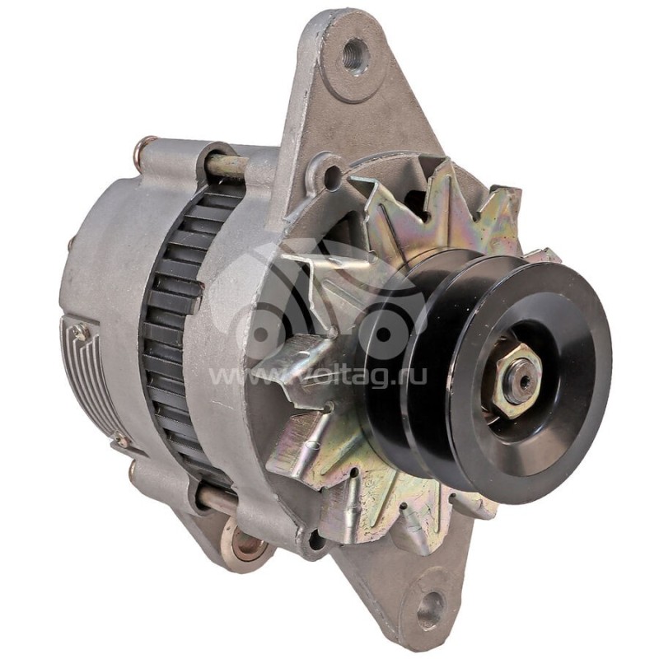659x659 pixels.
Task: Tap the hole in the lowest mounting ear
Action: [x=429, y=610]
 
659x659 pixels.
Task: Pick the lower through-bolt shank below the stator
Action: [x=216, y=499]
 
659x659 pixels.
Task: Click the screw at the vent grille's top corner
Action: [x=80, y=332]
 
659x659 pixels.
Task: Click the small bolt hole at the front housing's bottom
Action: [x=314, y=540]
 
